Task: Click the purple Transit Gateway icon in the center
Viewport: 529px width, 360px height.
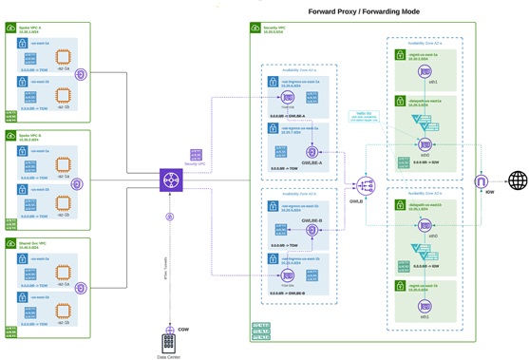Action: coord(171,180)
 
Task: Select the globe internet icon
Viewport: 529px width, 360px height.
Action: coord(518,180)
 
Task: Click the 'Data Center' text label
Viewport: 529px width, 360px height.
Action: coord(169,356)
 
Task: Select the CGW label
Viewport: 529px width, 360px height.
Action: coord(184,329)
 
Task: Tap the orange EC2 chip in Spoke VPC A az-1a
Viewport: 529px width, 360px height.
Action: coord(63,56)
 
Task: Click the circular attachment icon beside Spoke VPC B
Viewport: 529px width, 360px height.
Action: coord(82,180)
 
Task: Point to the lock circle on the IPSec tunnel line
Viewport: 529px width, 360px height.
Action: coord(170,218)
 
